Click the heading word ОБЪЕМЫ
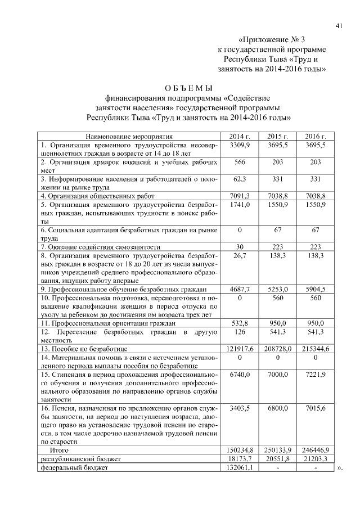(x=188, y=89)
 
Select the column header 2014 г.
(x=240, y=136)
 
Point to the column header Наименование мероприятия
(x=129, y=136)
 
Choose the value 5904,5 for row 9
(x=316, y=289)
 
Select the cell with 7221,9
(x=316, y=374)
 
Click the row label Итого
(x=60, y=450)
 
